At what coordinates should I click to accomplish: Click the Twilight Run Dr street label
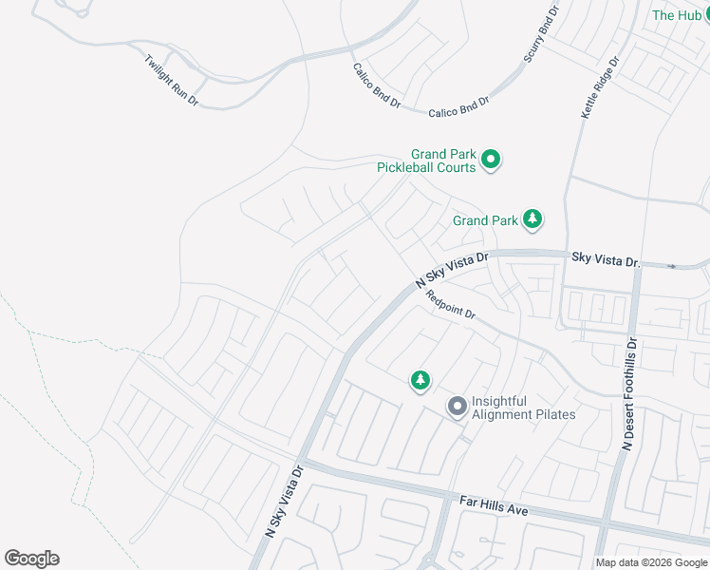point(172,80)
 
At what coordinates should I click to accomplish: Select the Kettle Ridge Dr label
point(600,87)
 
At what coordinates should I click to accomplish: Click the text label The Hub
point(677,15)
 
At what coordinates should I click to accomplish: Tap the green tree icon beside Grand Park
point(533,220)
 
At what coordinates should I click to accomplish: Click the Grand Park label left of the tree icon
point(485,221)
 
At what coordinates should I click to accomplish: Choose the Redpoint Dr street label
point(450,306)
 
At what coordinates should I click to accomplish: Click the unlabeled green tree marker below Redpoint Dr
point(420,381)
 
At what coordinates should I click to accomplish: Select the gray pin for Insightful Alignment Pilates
point(458,408)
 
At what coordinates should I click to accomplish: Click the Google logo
point(31,559)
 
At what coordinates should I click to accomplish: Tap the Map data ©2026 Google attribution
point(651,562)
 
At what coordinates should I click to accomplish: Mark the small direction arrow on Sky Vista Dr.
point(673,266)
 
